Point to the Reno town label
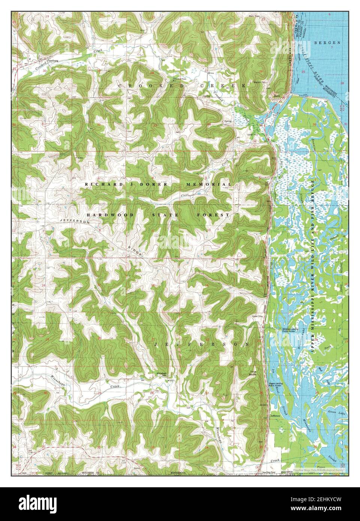pyautogui.click(x=276, y=96)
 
